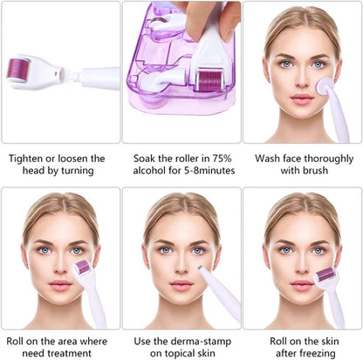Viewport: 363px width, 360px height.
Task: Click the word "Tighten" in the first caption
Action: click(26, 159)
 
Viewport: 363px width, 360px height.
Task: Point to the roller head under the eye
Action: click(82, 268)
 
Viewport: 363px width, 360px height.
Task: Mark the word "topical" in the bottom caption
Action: click(159, 353)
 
